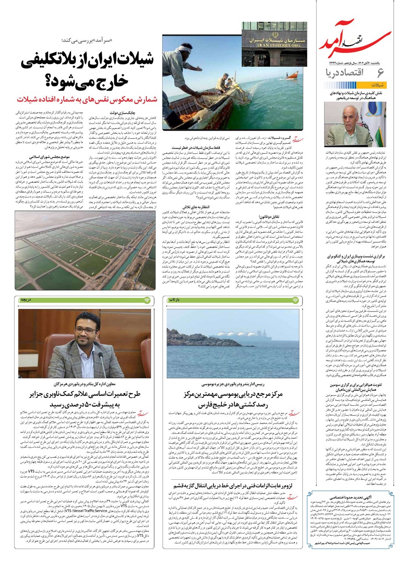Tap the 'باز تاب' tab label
[174, 300]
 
